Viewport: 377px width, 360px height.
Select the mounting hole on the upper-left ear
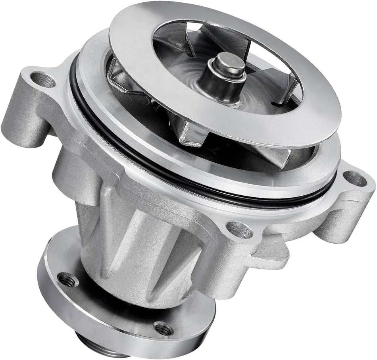coord(42,80)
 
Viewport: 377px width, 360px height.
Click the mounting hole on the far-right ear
coord(354,179)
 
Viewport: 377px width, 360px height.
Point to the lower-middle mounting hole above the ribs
coord(240,229)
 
